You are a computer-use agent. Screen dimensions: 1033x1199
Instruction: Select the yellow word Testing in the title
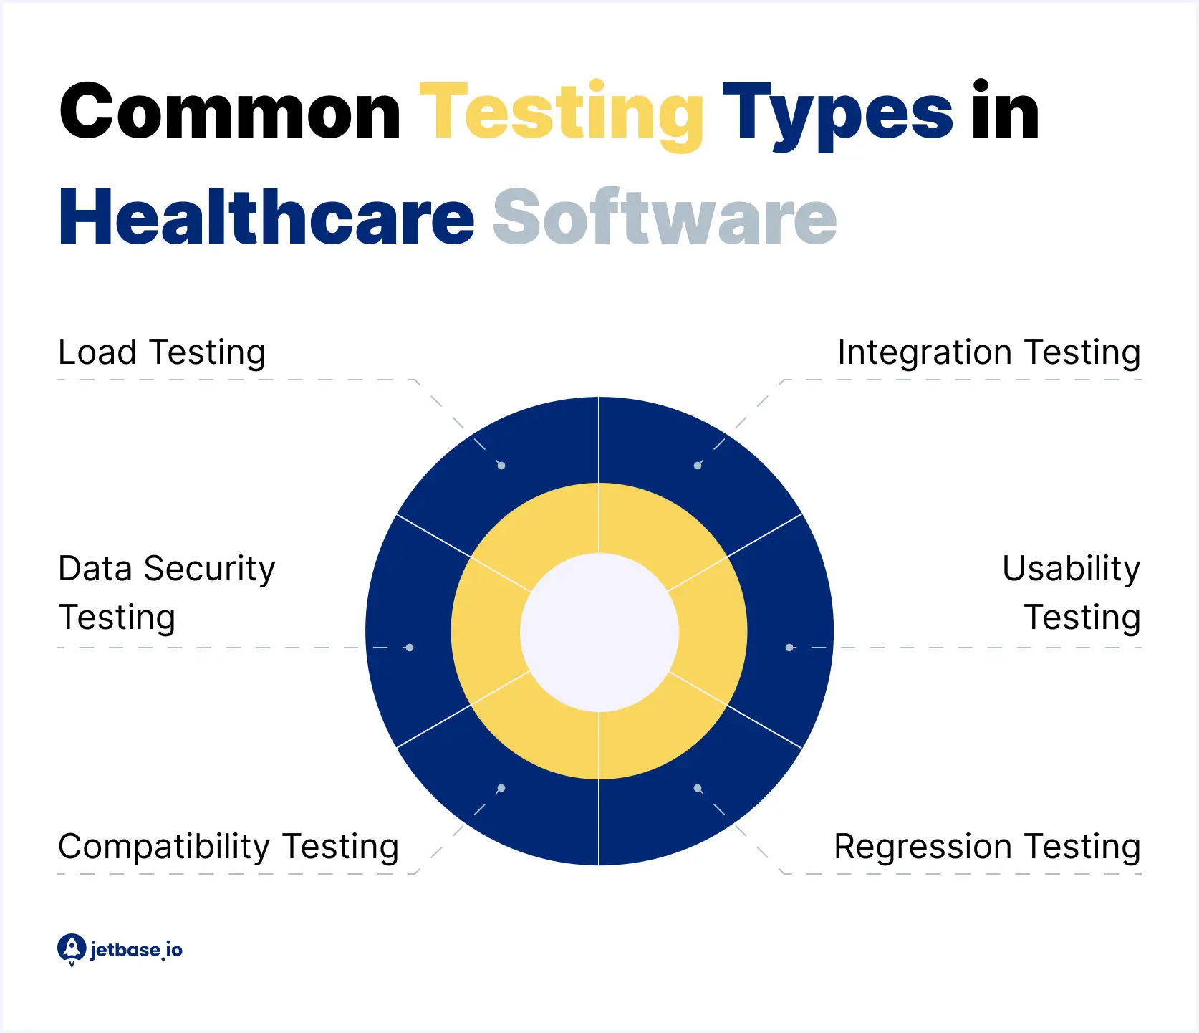coord(562,115)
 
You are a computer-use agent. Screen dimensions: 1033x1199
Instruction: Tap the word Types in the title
coord(837,115)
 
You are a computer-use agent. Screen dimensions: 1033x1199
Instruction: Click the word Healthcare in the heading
coord(266,218)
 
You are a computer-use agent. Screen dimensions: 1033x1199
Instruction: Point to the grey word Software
coord(665,218)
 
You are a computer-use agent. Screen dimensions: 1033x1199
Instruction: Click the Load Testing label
coord(162,352)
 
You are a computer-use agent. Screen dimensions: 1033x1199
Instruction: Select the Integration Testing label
coord(988,352)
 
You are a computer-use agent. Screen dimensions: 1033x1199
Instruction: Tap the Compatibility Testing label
coord(228,847)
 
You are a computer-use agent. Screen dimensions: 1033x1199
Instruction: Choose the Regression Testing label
coord(987,847)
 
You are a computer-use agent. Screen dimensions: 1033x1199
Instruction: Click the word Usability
coord(1071,569)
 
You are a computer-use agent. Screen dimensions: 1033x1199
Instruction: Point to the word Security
coord(209,569)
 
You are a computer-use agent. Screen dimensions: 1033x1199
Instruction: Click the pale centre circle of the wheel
coord(599,632)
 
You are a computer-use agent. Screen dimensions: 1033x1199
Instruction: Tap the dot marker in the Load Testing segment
coord(501,466)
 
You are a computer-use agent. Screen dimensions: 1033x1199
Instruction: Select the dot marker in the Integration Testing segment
coord(698,466)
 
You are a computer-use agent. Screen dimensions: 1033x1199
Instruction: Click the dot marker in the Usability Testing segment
coord(789,648)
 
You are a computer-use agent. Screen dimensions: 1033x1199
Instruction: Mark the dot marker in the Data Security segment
coord(410,648)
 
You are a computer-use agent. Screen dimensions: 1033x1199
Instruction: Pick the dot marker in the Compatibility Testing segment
coord(501,788)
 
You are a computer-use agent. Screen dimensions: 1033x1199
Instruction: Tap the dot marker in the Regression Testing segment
coord(698,788)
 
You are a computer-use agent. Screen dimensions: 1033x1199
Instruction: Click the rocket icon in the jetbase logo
coord(71,948)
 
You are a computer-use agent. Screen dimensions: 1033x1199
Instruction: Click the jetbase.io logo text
coord(136,950)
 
